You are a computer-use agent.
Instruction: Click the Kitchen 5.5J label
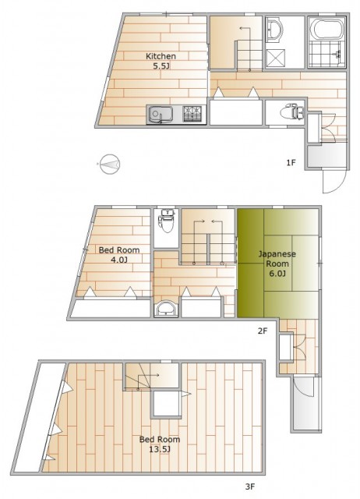161,61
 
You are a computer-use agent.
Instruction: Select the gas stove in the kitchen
192,114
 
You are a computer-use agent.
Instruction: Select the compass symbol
109,165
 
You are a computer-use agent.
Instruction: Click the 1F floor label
291,163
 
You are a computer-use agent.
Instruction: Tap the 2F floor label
263,331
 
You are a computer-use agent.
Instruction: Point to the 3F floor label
250,487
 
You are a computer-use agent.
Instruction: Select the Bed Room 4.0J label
119,255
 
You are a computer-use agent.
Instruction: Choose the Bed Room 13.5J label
160,444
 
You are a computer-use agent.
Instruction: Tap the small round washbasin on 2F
166,309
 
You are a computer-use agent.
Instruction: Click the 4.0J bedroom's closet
111,308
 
